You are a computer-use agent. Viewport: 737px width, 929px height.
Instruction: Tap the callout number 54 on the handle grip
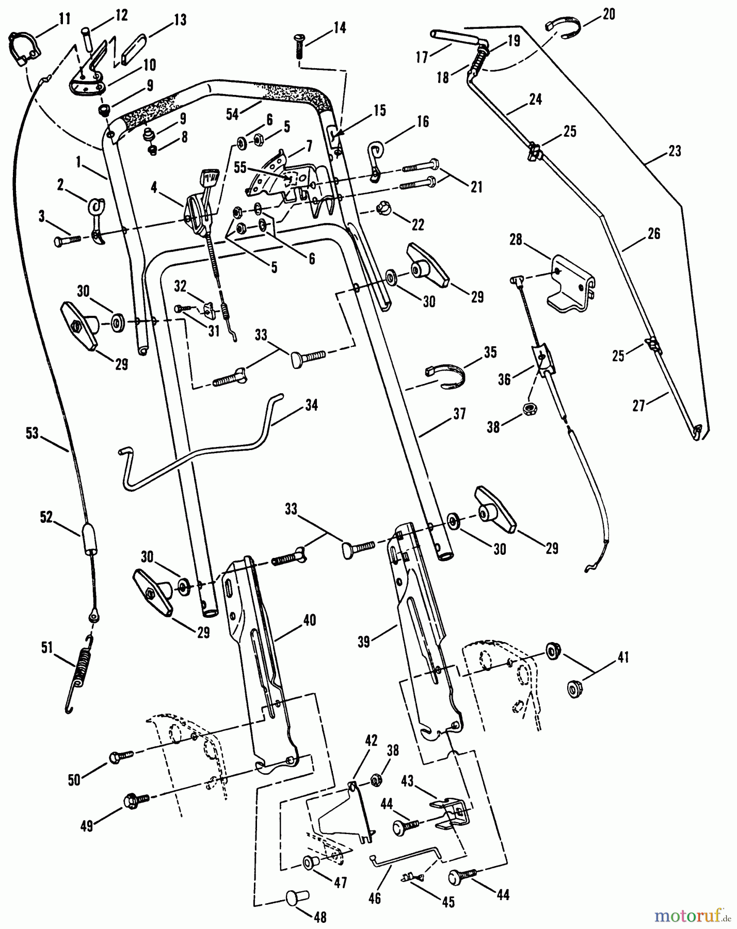click(233, 114)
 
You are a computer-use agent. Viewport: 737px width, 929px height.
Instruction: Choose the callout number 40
click(310, 620)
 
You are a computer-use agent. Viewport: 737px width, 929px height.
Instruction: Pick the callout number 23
click(675, 151)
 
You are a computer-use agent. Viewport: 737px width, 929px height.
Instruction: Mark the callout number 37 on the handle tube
click(459, 414)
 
